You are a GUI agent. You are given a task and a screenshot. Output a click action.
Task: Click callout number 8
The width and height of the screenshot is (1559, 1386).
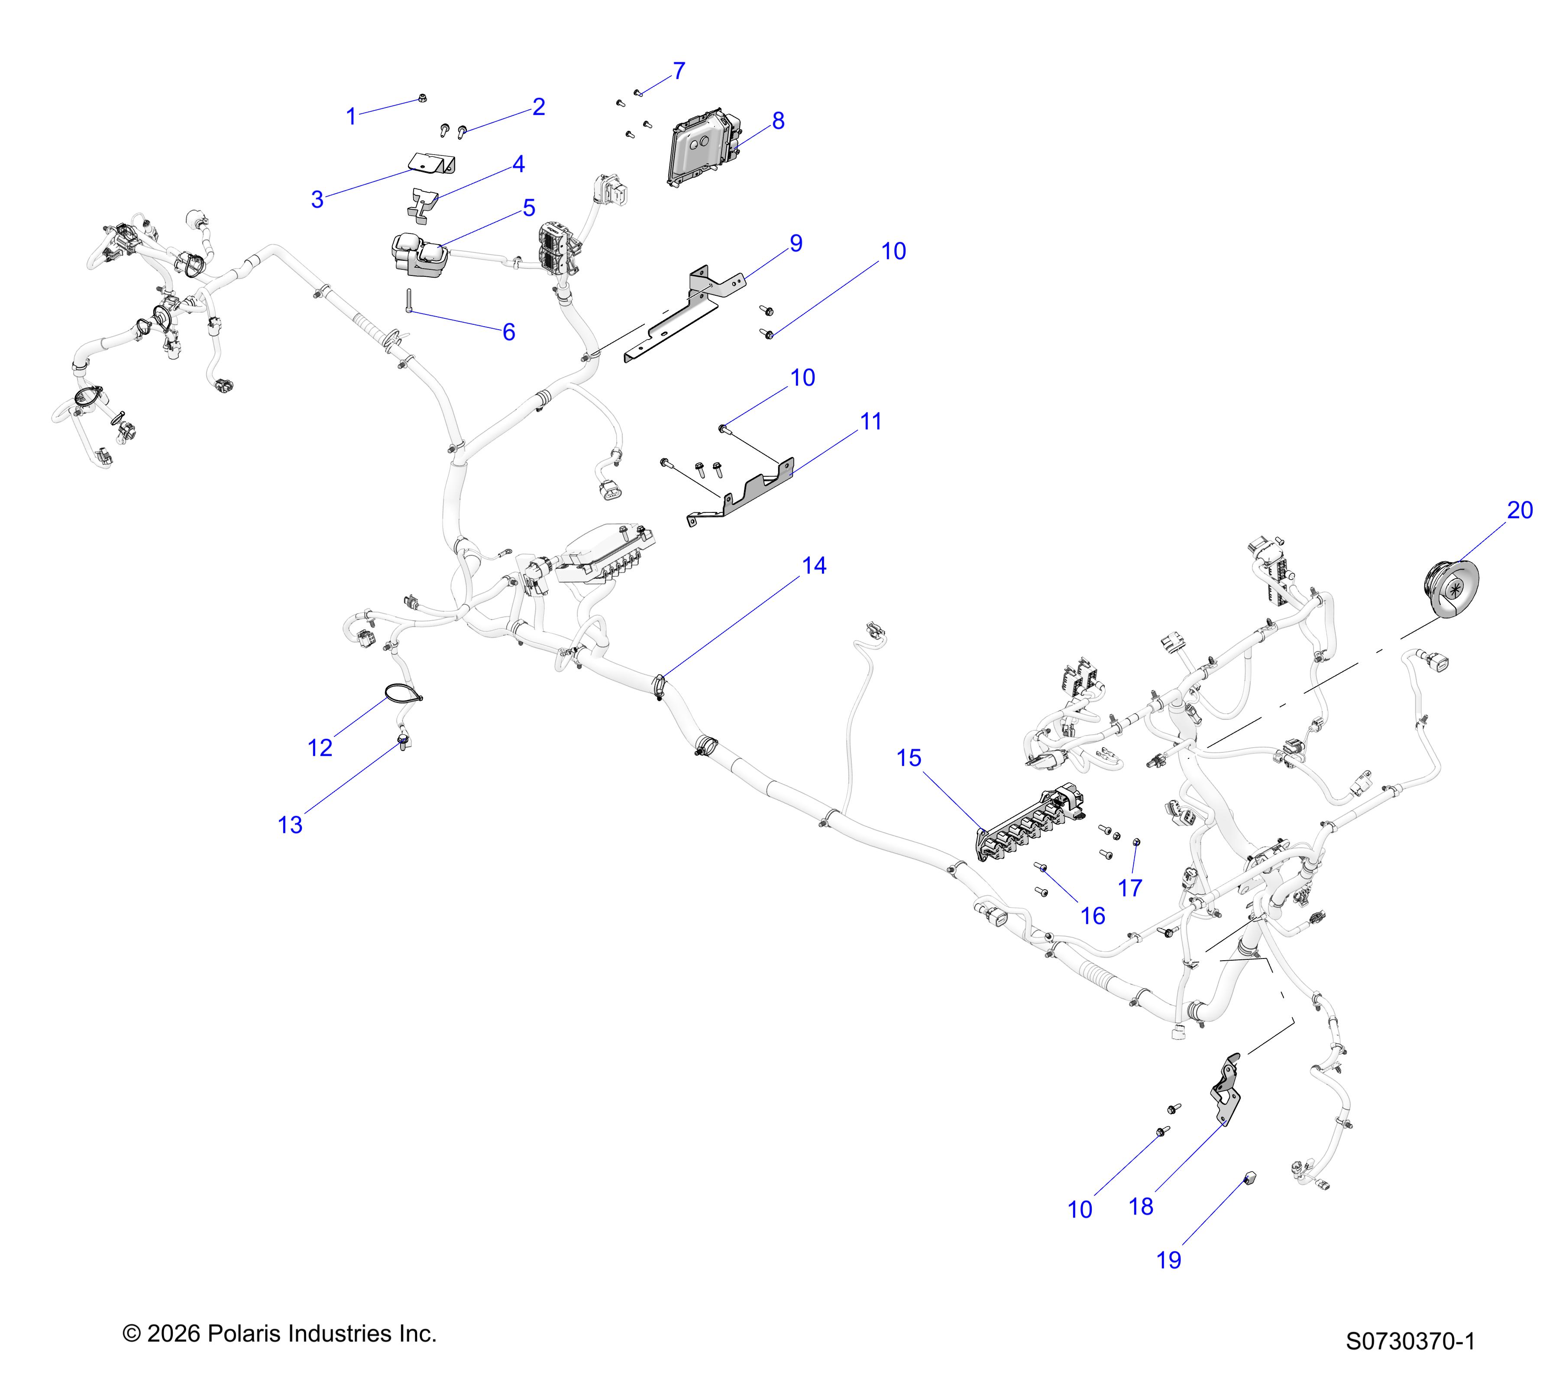[x=778, y=120]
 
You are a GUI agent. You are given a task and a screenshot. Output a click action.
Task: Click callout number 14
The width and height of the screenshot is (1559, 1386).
[x=814, y=566]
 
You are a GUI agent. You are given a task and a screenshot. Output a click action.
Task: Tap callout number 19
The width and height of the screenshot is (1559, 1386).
[x=1168, y=1260]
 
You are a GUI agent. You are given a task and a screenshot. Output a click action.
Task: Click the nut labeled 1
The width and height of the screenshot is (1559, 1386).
[x=423, y=97]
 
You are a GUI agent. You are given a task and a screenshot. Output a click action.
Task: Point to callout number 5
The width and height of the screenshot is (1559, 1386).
[x=529, y=207]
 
